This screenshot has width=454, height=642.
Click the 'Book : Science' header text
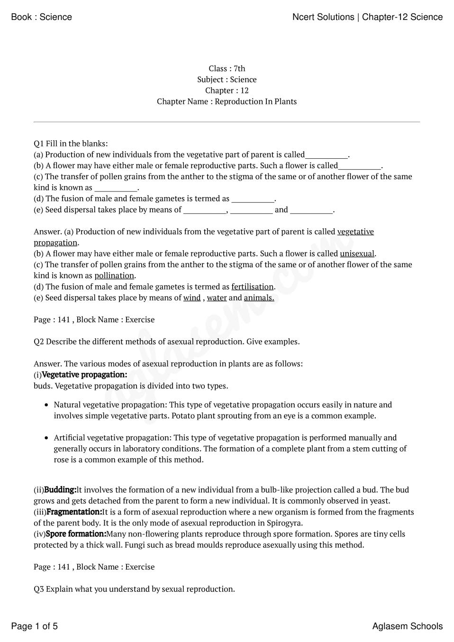(x=41, y=17)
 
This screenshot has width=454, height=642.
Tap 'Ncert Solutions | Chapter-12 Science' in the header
(x=367, y=17)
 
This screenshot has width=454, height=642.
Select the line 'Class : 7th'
(x=227, y=69)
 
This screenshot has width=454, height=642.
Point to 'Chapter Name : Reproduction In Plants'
(x=227, y=101)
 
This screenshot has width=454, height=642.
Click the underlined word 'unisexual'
(x=357, y=253)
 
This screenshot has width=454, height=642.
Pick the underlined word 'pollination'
(x=114, y=275)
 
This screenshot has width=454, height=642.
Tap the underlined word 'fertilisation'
(x=252, y=287)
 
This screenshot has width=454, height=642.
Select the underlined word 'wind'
(x=192, y=298)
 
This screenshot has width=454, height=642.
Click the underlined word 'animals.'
(x=259, y=298)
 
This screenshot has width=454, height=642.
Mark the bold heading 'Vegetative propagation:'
(x=84, y=375)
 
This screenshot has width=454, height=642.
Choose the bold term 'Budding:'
(x=60, y=489)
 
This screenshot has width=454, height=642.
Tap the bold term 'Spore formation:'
(x=76, y=534)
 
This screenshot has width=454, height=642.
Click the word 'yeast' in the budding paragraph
(x=379, y=501)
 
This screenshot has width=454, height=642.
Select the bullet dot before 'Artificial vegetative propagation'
(x=46, y=438)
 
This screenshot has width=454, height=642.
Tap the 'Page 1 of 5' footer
(x=34, y=626)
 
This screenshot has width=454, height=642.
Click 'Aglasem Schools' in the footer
(x=407, y=626)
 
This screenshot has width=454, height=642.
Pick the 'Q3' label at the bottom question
(x=39, y=589)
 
